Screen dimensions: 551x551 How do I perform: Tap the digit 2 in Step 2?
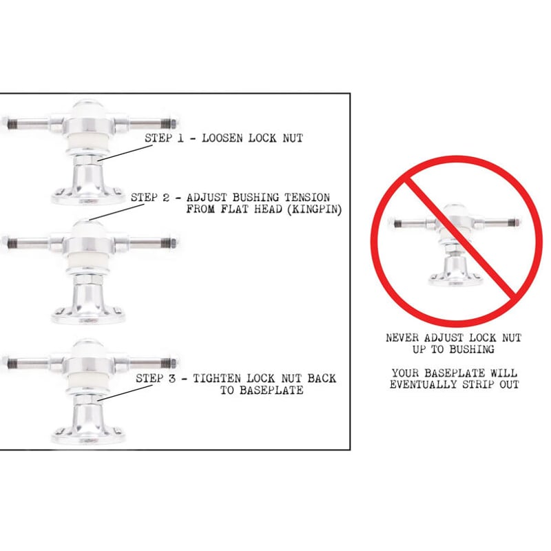[x=166, y=198]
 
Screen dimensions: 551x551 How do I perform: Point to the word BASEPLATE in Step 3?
[x=262, y=391]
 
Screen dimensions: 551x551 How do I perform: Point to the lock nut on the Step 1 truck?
[x=87, y=160]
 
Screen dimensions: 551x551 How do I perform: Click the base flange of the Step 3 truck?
[x=88, y=436]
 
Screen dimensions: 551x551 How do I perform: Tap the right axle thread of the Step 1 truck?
[x=168, y=124]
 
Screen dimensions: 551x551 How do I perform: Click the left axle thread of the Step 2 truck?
[x=12, y=242]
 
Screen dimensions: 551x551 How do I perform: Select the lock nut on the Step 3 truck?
[x=87, y=399]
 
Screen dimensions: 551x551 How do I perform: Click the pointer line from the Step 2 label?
[x=117, y=212]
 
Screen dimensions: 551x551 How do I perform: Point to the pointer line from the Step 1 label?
[x=125, y=153]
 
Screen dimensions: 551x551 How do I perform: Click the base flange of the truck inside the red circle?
[x=455, y=280]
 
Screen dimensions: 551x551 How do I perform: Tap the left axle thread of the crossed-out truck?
[x=397, y=223]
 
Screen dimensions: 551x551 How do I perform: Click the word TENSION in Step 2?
[x=307, y=198]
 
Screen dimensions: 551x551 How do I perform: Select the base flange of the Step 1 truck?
[x=88, y=197]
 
